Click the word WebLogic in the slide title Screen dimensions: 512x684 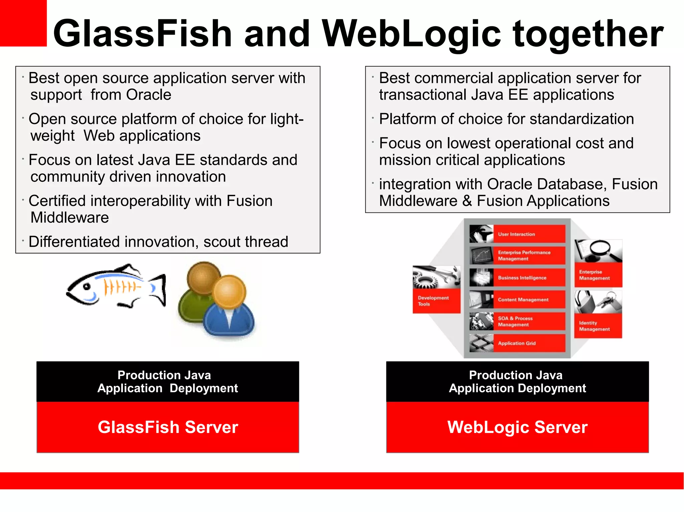point(411,33)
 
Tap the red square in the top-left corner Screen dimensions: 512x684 point(23,23)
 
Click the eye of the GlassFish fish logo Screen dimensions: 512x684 point(87,286)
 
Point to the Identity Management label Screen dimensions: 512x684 point(594,326)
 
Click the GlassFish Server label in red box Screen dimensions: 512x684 point(168,427)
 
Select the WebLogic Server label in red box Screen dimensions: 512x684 point(517,427)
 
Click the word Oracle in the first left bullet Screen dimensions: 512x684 point(149,95)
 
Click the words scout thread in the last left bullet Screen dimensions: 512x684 point(245,242)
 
